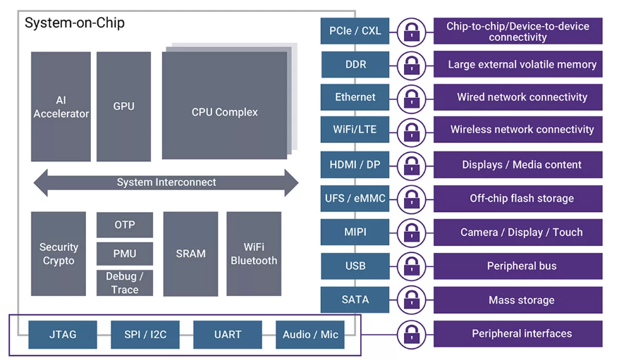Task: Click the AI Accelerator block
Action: coord(61,106)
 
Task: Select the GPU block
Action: coord(123,106)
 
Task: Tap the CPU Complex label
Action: coord(225,113)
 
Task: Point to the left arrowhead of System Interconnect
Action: coord(41,182)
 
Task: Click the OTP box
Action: coord(125,225)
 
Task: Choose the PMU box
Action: coord(125,254)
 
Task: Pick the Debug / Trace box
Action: coord(125,283)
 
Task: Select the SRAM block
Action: coord(190,254)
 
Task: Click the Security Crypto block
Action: coord(59,254)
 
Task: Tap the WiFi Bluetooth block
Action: coord(254,254)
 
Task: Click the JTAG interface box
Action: coord(63,335)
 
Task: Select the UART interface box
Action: coord(228,335)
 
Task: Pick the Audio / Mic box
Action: coord(310,335)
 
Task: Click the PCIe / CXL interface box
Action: coord(355,31)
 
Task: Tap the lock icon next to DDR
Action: coord(411,65)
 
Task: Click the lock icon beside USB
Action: coord(411,266)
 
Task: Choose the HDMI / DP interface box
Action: coord(355,165)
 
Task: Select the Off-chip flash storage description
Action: coord(518,199)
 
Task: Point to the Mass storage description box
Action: coord(518,300)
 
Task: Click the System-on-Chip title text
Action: coord(75,23)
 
